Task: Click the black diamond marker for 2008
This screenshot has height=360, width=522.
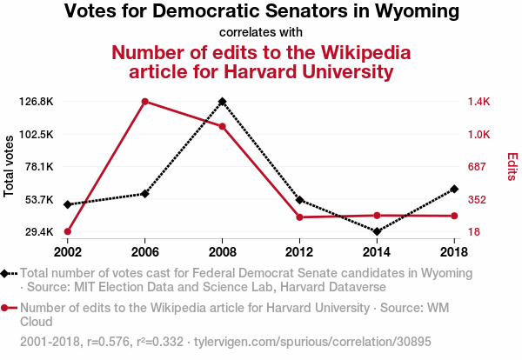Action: [223, 102]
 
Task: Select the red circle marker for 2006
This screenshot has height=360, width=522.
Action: [144, 102]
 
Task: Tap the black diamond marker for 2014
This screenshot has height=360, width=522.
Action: [378, 232]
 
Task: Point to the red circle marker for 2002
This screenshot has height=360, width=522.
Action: [67, 232]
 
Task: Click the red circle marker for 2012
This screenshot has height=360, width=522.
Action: [299, 217]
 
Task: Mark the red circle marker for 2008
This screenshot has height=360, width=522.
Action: [223, 127]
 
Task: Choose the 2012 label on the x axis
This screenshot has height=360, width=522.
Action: [299, 252]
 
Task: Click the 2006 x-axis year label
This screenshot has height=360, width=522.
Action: [144, 252]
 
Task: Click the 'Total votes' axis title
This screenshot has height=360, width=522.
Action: [10, 166]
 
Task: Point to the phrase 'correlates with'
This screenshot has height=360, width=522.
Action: [261, 33]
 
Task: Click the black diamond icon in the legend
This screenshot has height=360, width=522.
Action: [6, 273]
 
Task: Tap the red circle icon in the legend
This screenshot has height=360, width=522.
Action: [6, 308]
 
